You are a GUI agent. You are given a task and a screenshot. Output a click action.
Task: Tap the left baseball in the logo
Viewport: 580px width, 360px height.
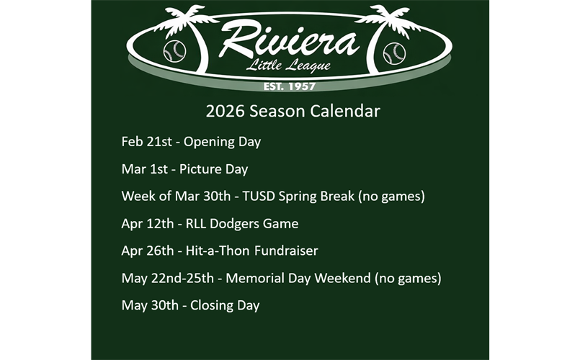174,52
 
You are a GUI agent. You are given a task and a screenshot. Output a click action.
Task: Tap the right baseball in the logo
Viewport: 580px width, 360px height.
393,53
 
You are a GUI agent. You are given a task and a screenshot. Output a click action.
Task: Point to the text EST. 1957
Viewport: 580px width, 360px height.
290,86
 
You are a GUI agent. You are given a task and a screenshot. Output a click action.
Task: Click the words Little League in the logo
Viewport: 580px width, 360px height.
288,67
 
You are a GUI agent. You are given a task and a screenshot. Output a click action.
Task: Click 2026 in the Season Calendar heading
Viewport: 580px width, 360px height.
220,112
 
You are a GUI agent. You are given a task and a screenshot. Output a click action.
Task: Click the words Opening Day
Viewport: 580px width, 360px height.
222,142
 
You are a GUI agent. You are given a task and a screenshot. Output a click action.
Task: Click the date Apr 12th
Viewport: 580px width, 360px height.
147,224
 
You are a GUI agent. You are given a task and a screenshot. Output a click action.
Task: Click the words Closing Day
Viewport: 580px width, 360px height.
224,305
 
